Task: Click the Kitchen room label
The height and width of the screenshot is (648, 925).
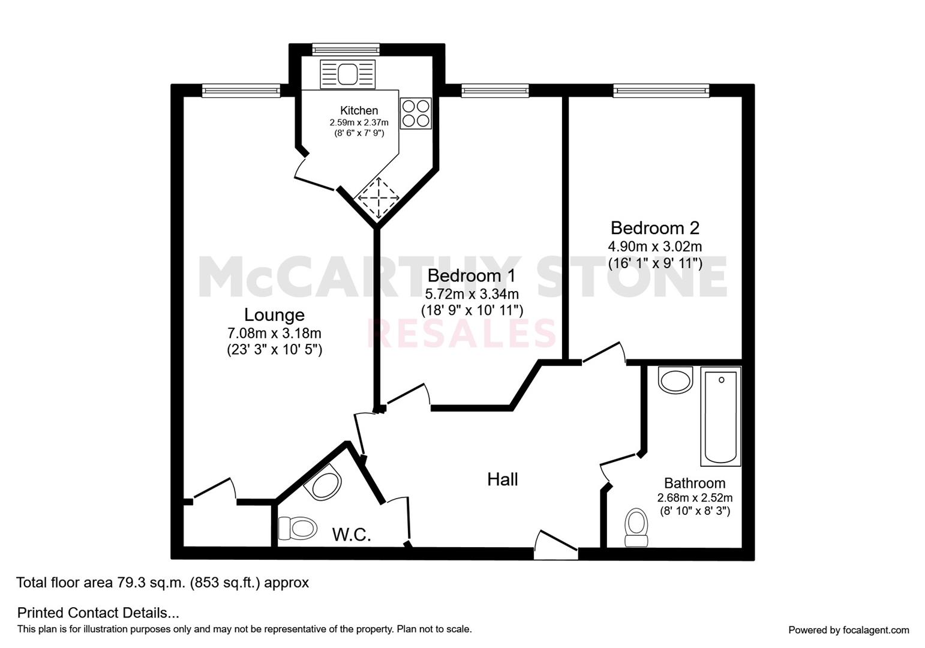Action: (359, 110)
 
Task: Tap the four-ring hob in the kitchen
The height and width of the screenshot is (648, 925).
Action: (416, 113)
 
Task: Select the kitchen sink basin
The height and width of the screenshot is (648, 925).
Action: (347, 74)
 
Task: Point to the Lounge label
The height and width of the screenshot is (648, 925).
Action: (274, 315)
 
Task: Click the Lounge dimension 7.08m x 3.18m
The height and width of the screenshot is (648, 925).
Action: (274, 333)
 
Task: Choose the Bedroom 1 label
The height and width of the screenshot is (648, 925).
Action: (471, 275)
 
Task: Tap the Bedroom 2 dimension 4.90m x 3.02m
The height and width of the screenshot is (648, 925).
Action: (655, 247)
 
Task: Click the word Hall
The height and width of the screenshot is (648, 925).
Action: (503, 479)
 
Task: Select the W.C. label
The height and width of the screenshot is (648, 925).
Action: (352, 535)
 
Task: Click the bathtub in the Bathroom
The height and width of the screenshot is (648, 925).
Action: (720, 417)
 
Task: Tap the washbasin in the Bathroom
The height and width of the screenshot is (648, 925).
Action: (675, 380)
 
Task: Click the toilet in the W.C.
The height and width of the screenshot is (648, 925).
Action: (298, 528)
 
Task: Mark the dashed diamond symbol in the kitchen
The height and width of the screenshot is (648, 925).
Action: (379, 198)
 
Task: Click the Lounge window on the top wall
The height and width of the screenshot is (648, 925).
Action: (241, 91)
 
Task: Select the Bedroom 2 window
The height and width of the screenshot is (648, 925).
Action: (660, 91)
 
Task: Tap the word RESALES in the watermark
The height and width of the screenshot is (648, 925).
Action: (462, 333)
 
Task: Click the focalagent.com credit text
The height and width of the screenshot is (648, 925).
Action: (849, 630)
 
